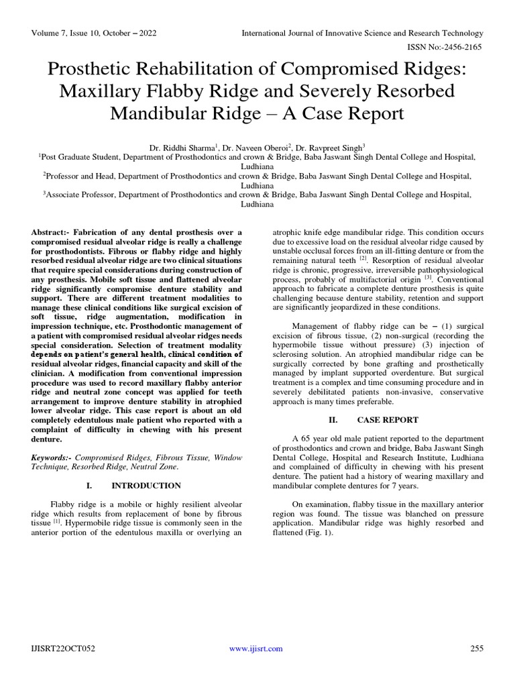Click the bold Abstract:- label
[51, 231]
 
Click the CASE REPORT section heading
[388, 420]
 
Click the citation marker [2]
[363, 258]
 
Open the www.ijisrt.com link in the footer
[256, 648]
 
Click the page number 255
[477, 648]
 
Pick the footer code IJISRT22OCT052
[62, 648]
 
